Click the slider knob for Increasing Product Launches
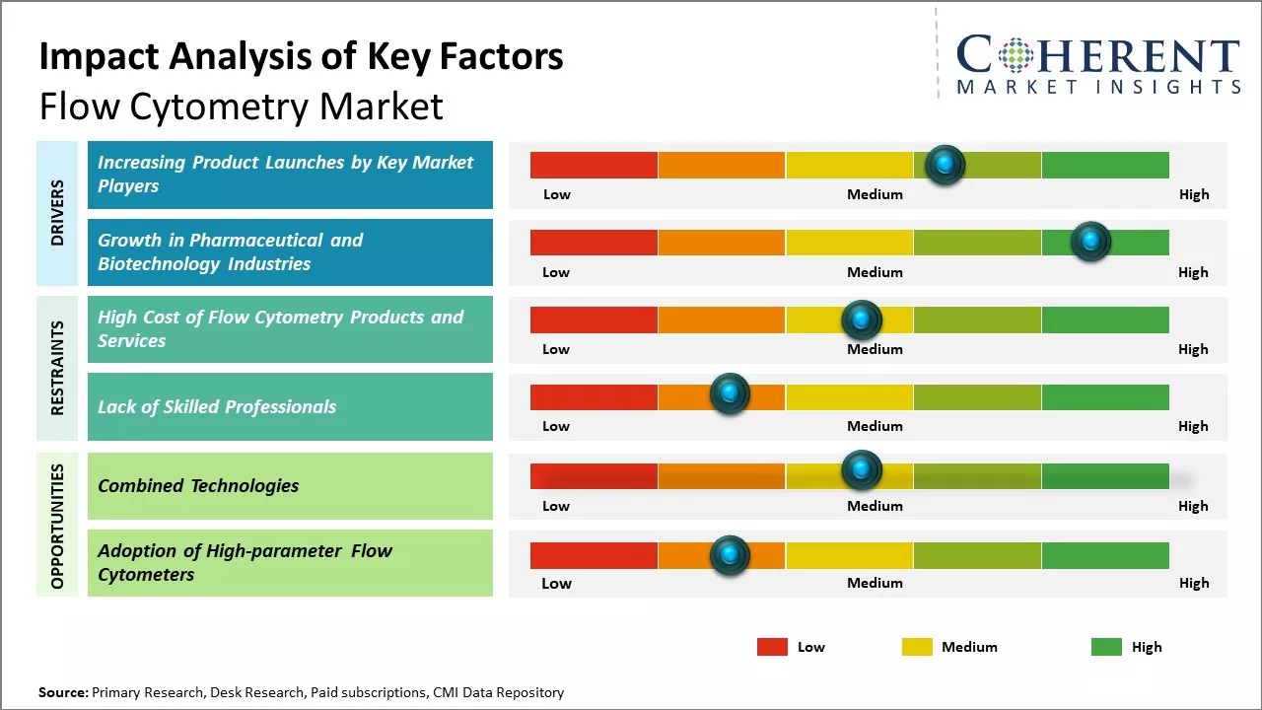point(946,165)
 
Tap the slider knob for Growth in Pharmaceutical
point(1090,242)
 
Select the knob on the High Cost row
point(861,319)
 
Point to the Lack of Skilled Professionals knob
point(730,394)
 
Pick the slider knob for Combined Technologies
point(861,470)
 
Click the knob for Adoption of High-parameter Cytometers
point(730,555)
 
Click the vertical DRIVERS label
point(57,212)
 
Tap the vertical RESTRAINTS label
point(57,368)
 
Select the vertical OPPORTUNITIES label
point(57,526)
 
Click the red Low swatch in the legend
point(772,647)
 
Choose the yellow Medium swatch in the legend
point(917,647)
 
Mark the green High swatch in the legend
point(1106,647)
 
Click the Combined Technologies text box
point(290,485)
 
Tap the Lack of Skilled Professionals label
point(217,407)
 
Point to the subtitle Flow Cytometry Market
point(241,106)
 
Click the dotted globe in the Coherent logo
point(1015,55)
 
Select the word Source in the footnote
point(63,692)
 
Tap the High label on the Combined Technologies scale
point(1193,506)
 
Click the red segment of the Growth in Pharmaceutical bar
point(594,243)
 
